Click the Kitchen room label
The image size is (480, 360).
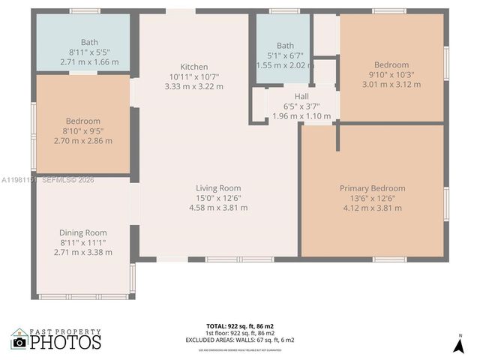click(x=193, y=67)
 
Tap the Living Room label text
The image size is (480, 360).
click(x=218, y=187)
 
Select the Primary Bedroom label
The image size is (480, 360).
click(x=372, y=188)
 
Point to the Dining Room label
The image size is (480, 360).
click(x=83, y=232)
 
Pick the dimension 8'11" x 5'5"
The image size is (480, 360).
click(x=89, y=52)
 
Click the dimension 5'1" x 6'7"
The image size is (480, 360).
click(x=285, y=55)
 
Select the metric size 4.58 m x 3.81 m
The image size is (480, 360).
click(x=218, y=207)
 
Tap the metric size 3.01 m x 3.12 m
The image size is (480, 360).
click(x=391, y=84)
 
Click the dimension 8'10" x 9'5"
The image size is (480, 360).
click(x=82, y=130)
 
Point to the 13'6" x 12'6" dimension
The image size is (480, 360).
click(x=372, y=198)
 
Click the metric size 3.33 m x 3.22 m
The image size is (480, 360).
click(x=193, y=86)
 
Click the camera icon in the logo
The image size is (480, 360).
click(x=19, y=342)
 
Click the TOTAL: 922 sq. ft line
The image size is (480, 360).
click(x=240, y=326)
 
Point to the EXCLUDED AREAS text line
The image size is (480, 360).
click(x=240, y=340)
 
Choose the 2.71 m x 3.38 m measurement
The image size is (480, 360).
click(x=83, y=252)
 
